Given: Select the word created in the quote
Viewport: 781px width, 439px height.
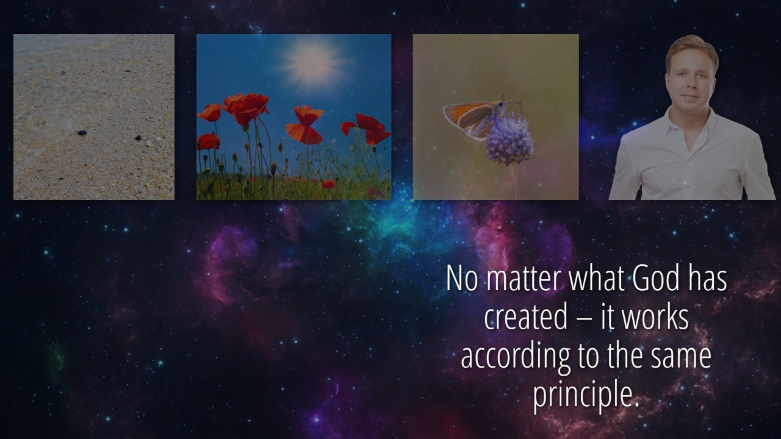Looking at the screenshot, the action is click(x=526, y=318).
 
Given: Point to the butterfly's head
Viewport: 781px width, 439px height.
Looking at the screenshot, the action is click(x=501, y=104).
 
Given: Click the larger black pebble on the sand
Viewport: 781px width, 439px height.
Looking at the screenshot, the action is click(x=82, y=133).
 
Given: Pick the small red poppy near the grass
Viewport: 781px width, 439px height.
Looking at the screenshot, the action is click(x=328, y=184).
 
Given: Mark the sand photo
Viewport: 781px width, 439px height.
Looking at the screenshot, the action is click(x=94, y=117).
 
